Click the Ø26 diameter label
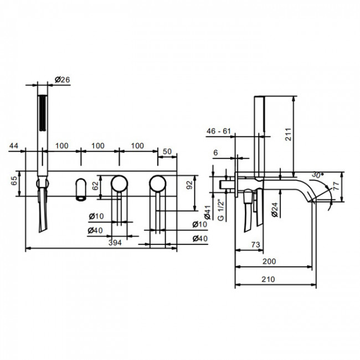click(62, 80)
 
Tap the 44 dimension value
click(13, 146)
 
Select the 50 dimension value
click(167, 151)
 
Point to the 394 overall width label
click(115, 243)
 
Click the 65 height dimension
click(14, 181)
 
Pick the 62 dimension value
click(95, 186)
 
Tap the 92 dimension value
click(189, 185)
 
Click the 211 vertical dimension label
click(288, 135)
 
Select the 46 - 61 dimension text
click(218, 131)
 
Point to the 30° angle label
click(317, 175)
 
